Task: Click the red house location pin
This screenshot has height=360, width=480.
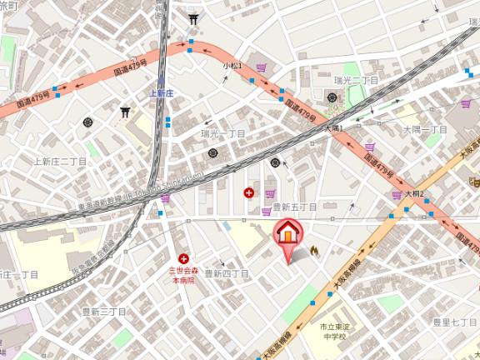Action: coord(286,232)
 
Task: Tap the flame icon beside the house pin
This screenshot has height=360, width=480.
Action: coord(314,249)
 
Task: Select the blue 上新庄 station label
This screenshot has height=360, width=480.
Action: coord(161,93)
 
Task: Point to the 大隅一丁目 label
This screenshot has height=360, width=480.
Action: coord(426,130)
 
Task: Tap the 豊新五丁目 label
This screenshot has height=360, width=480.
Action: coord(294,206)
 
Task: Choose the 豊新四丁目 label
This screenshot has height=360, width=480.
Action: coord(227,273)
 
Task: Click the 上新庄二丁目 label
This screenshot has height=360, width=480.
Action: coord(59,161)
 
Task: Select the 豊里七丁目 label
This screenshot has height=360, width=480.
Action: coord(454,321)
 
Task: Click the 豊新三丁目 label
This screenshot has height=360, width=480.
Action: coord(103,312)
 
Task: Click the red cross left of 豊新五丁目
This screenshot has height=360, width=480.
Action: coord(248,192)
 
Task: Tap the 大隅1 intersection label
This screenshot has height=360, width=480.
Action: coord(333,128)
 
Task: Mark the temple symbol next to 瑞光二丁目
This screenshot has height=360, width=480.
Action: coord(332,98)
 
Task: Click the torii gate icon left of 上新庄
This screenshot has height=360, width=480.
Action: coord(126,112)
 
